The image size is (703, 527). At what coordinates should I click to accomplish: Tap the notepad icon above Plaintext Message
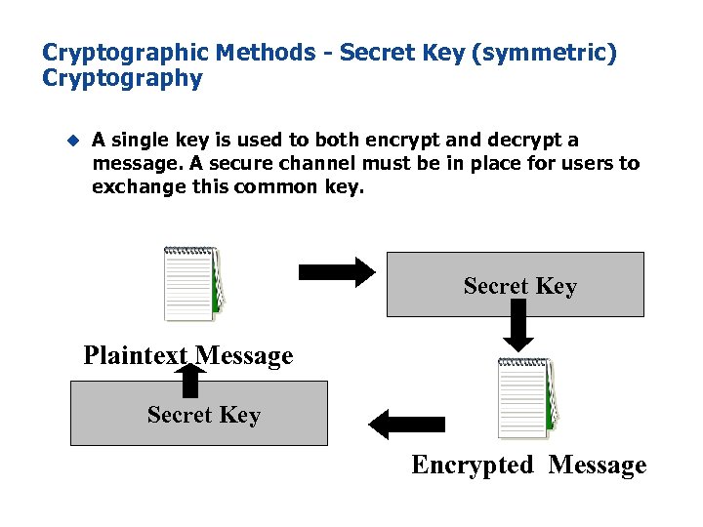point(192,283)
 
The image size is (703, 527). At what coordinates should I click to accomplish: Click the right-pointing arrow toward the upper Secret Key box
point(335,270)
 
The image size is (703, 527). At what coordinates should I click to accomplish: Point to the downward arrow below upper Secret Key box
point(518,325)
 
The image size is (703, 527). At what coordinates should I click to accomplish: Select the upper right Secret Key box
point(516,285)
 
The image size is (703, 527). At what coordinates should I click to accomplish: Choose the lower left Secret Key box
point(199,414)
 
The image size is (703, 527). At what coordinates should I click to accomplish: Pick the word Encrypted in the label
point(473,466)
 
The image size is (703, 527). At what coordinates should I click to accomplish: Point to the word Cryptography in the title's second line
point(122,78)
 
